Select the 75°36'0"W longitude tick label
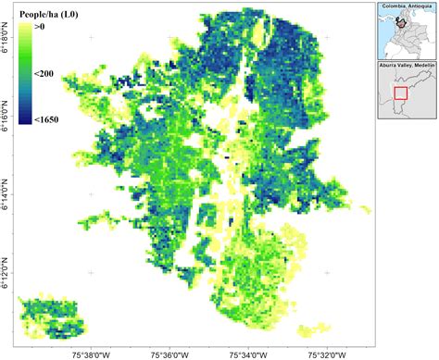[x=169, y=353]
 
